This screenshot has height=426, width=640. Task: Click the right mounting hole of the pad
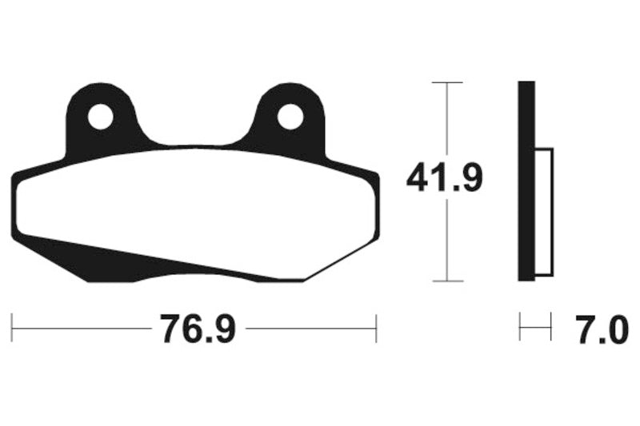[x=290, y=118]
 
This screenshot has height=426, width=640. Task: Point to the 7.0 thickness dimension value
[x=601, y=328]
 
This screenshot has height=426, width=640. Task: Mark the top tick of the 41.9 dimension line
[x=447, y=82]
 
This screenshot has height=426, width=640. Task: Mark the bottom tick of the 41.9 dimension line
[x=447, y=281]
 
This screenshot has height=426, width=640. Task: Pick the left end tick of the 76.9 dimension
[x=12, y=328]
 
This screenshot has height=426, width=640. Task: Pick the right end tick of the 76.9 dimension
[x=376, y=328]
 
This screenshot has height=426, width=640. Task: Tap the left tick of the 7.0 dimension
[x=520, y=328]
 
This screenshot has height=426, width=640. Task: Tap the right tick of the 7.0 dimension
[x=551, y=328]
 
